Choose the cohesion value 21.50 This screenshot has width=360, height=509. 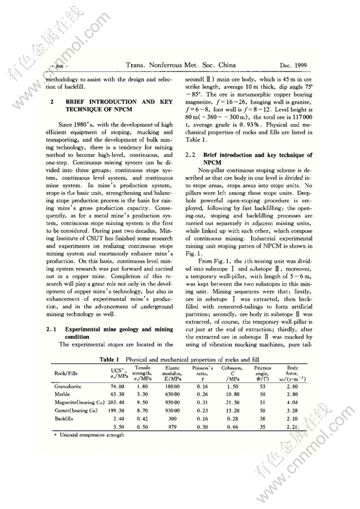pyautogui.click(x=232, y=402)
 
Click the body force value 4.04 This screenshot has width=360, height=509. pyautogui.click(x=292, y=402)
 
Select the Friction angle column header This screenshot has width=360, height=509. pyautogui.click(x=263, y=372)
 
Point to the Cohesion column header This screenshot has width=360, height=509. pyautogui.click(x=232, y=372)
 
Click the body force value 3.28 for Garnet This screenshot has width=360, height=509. pyautogui.click(x=292, y=410)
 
